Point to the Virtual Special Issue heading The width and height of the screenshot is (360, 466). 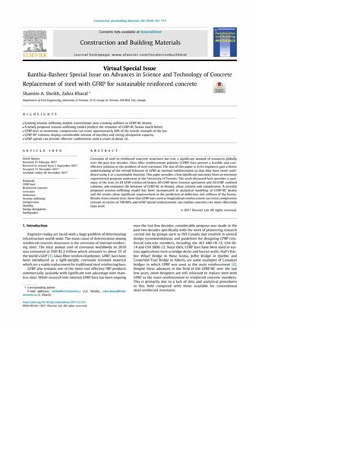[179, 69]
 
